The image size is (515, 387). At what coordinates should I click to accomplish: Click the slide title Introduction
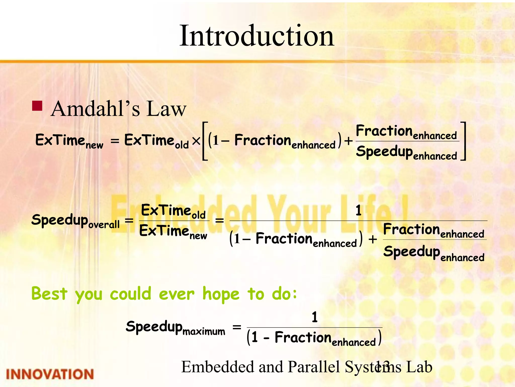point(257,36)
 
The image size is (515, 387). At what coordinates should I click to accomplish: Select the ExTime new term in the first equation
point(69,141)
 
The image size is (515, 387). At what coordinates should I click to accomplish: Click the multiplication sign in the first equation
point(196,141)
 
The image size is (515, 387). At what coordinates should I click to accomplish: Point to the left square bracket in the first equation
point(205,141)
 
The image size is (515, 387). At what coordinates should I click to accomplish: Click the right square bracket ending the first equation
point(463,141)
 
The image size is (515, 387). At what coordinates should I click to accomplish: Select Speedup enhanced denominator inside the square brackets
point(406,153)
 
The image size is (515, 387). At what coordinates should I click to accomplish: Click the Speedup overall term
point(75,221)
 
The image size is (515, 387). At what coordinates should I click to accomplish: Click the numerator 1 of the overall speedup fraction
point(358,211)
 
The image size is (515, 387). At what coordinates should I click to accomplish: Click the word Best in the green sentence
point(49,294)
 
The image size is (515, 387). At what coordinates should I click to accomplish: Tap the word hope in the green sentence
point(221,294)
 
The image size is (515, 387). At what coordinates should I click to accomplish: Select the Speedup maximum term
point(175,328)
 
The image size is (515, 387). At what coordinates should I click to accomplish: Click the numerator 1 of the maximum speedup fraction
point(315,317)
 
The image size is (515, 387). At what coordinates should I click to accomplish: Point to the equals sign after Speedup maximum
point(237,327)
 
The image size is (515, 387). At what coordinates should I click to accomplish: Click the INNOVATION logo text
point(50,374)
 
